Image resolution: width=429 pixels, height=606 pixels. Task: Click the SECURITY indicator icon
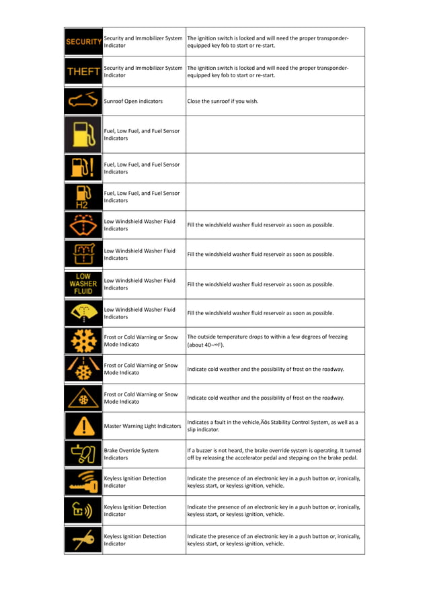click(83, 42)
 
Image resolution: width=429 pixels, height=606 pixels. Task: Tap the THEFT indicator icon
click(83, 71)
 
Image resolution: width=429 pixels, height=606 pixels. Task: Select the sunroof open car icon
click(83, 101)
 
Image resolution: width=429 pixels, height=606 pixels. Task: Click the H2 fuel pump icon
click(83, 197)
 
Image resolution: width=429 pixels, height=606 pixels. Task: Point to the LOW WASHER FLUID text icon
click(83, 284)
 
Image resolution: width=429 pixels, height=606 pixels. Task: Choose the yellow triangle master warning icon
click(83, 426)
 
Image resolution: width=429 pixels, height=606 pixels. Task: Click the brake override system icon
click(83, 453)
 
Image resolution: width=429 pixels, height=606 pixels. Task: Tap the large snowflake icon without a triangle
click(83, 341)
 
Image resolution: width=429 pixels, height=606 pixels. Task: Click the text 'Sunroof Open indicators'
click(133, 101)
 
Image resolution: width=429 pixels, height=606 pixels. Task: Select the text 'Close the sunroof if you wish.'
click(223, 101)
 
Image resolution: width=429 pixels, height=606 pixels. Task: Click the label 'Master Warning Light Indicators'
click(143, 426)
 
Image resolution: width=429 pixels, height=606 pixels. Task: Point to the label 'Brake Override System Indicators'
click(131, 454)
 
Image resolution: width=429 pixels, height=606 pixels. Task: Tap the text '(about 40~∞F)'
click(206, 345)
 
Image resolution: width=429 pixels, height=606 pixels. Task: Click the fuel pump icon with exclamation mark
click(83, 168)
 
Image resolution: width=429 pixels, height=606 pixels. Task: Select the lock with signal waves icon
click(83, 511)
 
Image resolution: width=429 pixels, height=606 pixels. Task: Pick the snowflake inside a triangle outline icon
click(83, 398)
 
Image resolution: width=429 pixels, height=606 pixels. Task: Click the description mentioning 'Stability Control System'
click(272, 426)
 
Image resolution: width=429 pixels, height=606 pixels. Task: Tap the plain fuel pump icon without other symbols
click(83, 134)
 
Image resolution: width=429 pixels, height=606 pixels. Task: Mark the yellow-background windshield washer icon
click(83, 312)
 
